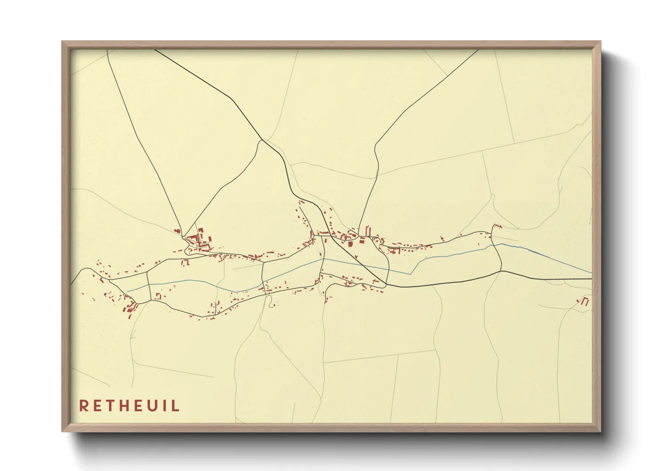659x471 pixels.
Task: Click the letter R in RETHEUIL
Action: (x=83, y=406)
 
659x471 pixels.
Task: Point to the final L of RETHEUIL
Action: (x=176, y=406)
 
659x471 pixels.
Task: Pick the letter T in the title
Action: (x=110, y=406)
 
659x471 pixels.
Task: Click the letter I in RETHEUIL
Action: (x=165, y=406)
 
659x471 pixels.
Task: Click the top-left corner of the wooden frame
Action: (x=62, y=42)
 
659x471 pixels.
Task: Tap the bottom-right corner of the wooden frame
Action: (x=600, y=431)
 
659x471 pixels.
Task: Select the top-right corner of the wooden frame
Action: (x=600, y=42)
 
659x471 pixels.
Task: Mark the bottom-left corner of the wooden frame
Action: (x=62, y=431)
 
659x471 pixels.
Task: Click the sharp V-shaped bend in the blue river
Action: (x=411, y=274)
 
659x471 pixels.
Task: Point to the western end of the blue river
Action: (x=128, y=291)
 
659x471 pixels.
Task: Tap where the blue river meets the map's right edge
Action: (x=592, y=272)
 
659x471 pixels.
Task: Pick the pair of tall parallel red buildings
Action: (x=368, y=231)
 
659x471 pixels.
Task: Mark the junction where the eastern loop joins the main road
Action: (x=501, y=271)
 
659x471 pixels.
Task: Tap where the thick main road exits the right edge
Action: (x=592, y=279)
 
